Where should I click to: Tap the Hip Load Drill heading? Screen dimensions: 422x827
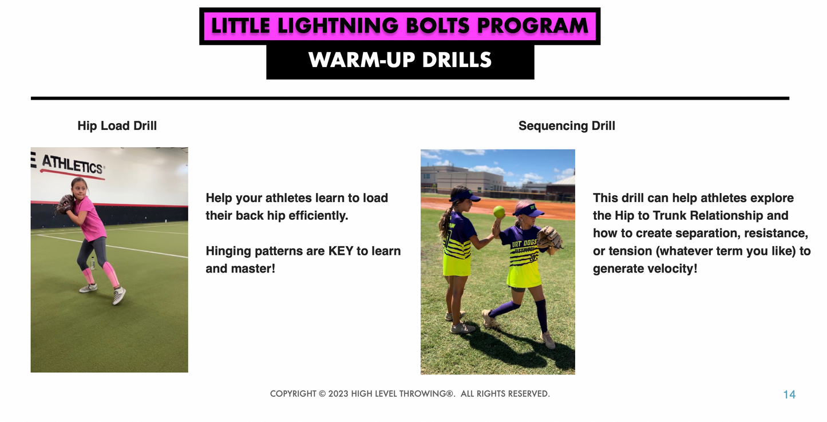pos(117,126)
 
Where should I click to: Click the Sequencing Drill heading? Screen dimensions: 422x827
pos(567,126)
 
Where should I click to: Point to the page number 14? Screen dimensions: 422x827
pos(789,395)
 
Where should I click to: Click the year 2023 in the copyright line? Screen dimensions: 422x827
pos(338,394)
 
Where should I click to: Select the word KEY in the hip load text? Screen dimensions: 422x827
pos(341,251)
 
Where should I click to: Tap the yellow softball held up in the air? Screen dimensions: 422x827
pos(499,211)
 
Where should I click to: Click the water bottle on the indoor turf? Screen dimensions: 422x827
pos(92,263)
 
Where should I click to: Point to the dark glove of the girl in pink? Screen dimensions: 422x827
pos(65,203)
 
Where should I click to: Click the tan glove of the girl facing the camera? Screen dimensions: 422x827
pos(549,238)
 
